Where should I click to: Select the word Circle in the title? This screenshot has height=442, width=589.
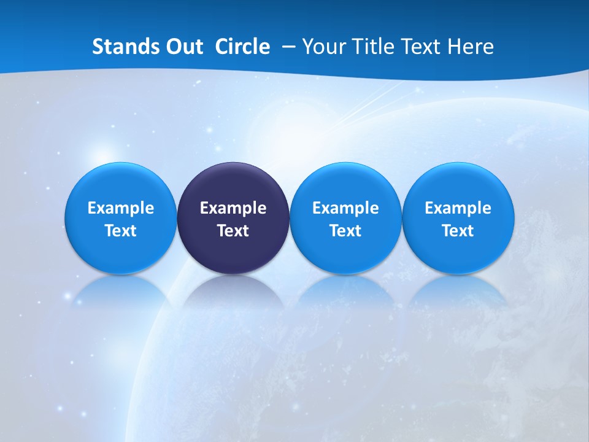pos(242,47)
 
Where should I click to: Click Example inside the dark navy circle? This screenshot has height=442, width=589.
pos(233,208)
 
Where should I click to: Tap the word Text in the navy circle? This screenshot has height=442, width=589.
pos(233,231)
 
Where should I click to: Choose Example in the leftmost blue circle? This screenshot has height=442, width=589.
pos(121,208)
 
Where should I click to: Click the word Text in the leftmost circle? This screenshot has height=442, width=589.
pos(121,231)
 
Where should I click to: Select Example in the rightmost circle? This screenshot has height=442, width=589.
pos(458,208)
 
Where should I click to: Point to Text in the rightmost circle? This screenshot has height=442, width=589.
pos(458,231)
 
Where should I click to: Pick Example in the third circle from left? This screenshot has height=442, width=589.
pos(345,208)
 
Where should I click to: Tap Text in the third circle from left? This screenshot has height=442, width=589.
pos(345,231)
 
